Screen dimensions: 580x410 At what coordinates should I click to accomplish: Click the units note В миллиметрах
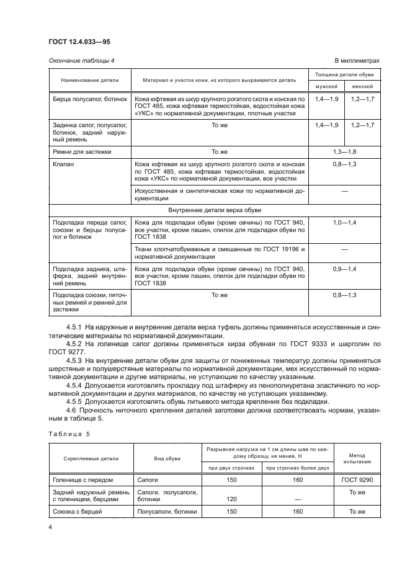tap(357, 60)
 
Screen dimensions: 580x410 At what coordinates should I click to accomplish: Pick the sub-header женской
tap(363, 86)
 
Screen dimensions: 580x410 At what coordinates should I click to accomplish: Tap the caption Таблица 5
tap(69, 434)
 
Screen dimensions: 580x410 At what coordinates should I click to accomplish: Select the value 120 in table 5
tap(233, 499)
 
